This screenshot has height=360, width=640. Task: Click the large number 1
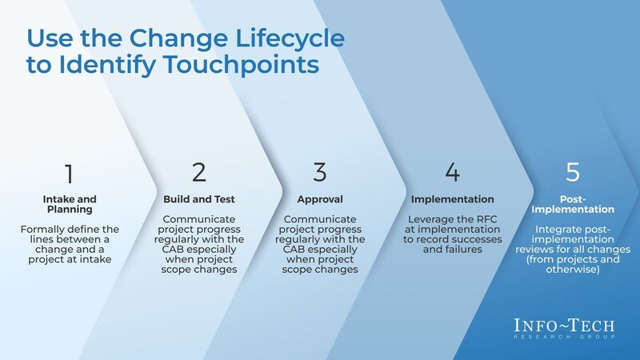69,173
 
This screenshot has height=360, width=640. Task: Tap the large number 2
199,172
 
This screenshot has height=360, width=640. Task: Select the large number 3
320,172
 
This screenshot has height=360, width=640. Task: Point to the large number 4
452,172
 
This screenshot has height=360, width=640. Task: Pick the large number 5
572,172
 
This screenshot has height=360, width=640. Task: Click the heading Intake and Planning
69,205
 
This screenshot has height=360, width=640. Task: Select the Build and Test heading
199,199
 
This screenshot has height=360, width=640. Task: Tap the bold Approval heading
320,199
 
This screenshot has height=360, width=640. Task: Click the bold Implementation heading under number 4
452,199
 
